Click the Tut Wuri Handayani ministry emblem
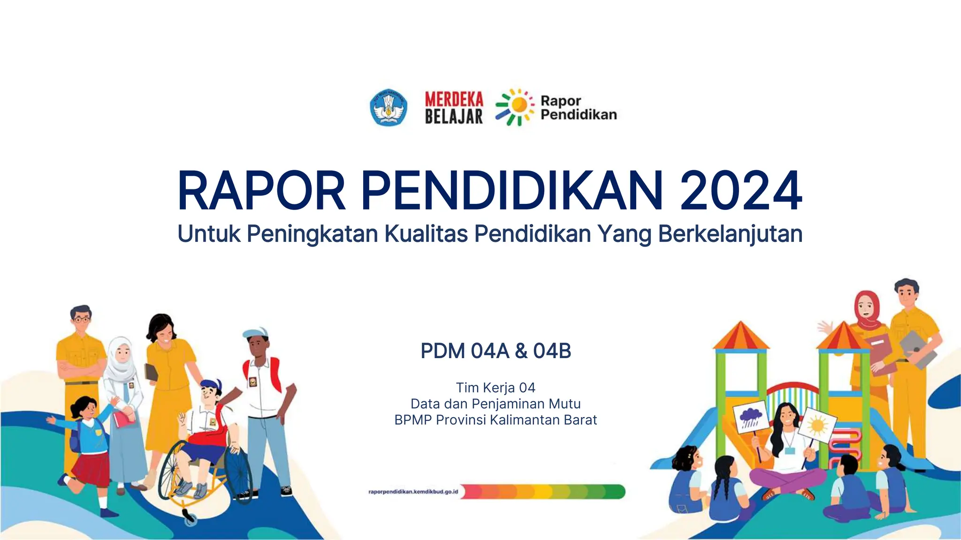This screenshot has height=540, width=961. click(x=389, y=108)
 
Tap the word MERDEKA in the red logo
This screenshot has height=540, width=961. click(x=454, y=99)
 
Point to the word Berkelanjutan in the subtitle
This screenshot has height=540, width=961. click(x=730, y=234)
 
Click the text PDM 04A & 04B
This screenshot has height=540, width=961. click(x=496, y=351)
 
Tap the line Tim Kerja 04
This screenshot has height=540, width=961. click(x=496, y=388)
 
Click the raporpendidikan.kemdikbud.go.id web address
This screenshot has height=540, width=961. click(x=413, y=492)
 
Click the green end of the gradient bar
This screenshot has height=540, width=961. click(x=615, y=492)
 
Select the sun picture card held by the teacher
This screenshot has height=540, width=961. click(x=817, y=425)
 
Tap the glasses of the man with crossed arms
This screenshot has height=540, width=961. click(x=82, y=320)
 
